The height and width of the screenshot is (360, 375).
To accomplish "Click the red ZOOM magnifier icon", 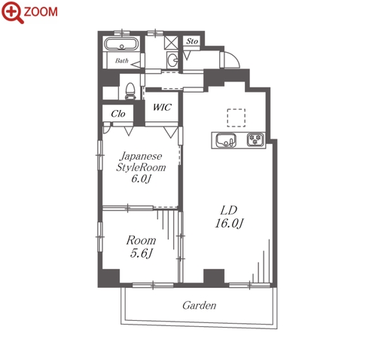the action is [x=13, y=12].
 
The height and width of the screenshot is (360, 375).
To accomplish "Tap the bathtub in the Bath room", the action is [x=122, y=44].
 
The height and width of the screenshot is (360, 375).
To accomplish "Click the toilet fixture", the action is [x=130, y=91].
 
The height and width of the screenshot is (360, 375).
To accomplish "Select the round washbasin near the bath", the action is [x=172, y=59].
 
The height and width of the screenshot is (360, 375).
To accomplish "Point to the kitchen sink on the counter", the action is [x=226, y=140].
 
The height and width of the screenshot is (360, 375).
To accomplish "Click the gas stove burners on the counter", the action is [x=256, y=139].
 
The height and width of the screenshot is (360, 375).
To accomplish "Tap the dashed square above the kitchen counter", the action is [x=236, y=117].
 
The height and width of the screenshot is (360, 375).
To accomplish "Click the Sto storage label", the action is [x=192, y=41].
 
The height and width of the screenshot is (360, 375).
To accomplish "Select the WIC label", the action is [x=162, y=107].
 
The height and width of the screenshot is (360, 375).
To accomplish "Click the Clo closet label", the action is [x=118, y=114].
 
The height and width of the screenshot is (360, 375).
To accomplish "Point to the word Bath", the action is [x=122, y=60].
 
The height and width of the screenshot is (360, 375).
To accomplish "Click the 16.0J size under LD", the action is [x=229, y=223].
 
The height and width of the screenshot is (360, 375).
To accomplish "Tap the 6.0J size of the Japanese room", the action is [x=141, y=178].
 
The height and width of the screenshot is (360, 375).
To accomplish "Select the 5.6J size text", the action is [x=141, y=253].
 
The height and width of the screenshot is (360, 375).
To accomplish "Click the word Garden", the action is [x=200, y=306].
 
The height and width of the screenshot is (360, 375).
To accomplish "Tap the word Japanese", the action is [x=141, y=157].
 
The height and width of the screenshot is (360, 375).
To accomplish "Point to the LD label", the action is [x=229, y=211].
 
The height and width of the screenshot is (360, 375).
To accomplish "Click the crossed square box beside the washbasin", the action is [x=171, y=42].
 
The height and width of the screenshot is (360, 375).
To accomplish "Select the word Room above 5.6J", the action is [x=141, y=240].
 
